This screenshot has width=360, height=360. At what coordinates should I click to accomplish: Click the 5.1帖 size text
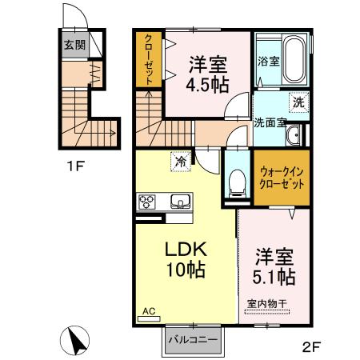click(x=274, y=278)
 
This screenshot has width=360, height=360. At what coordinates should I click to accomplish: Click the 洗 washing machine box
click(x=298, y=102)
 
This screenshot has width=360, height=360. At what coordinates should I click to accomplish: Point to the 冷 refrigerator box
click(x=181, y=162)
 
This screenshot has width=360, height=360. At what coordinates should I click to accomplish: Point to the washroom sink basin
click(x=294, y=135)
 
